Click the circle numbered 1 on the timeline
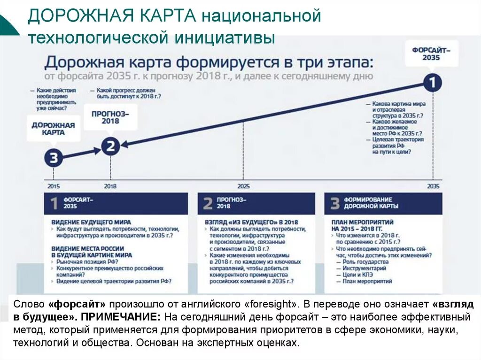coord(432,83)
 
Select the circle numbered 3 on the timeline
coord(53,158)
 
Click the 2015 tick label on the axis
coord(54,186)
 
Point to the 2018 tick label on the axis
coord(110,186)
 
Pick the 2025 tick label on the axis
coord(244,186)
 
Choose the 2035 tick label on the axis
coord(433,186)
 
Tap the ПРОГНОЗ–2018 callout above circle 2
coord(110,117)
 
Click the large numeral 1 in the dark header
coord(54,204)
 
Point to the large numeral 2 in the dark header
coord(208,204)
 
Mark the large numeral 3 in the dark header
coord(334,204)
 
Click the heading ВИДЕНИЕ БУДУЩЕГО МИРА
coord(91,222)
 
